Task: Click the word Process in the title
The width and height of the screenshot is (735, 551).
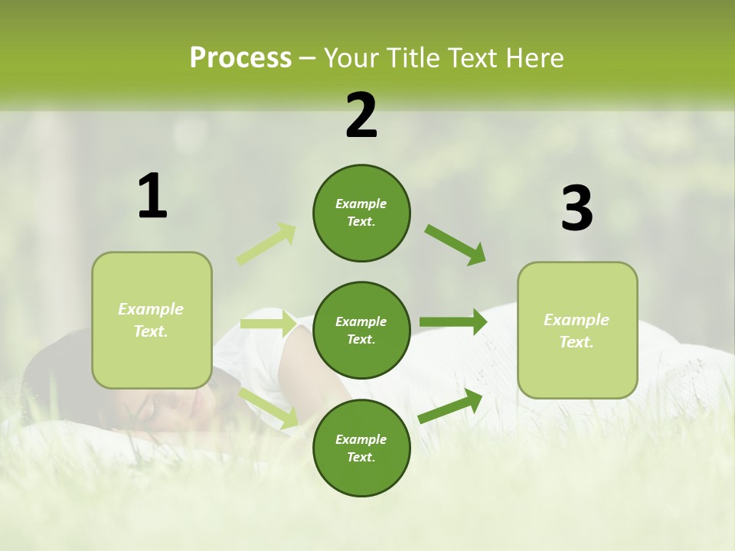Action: click(240, 58)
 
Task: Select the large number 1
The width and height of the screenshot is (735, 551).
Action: click(152, 197)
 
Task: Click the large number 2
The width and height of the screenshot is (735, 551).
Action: click(361, 116)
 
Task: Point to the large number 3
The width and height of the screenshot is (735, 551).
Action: click(577, 209)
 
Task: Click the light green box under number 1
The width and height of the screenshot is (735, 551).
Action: click(152, 320)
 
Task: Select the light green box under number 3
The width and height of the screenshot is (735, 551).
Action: click(577, 330)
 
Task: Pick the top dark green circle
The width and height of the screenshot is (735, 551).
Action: click(361, 213)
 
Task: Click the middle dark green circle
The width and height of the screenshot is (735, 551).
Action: click(361, 330)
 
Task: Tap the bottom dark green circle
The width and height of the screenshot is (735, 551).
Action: click(361, 448)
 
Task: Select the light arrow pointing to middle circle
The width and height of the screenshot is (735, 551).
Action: click(268, 324)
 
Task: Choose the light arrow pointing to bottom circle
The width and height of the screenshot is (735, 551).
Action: click(269, 408)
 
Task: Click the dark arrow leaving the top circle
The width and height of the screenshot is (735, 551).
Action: click(456, 245)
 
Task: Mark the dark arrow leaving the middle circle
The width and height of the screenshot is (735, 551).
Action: click(453, 322)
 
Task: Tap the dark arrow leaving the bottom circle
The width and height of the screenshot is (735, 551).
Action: click(450, 406)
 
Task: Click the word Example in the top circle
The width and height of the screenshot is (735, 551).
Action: click(361, 204)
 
